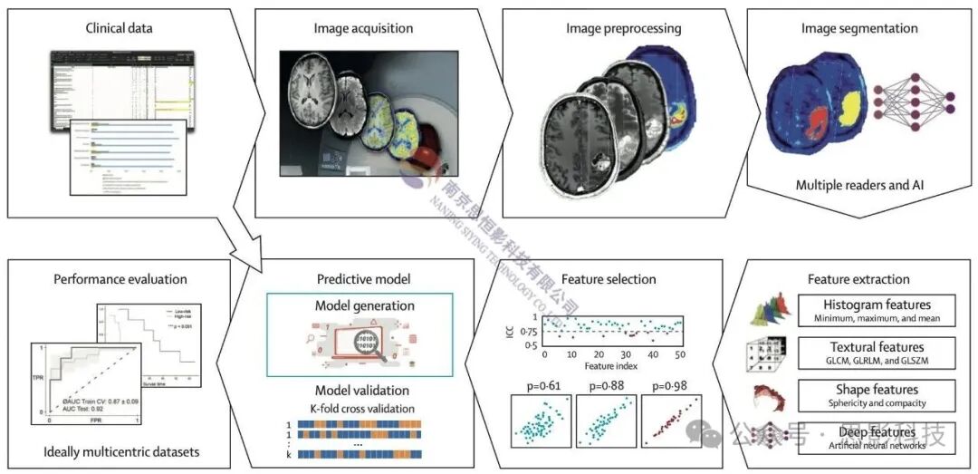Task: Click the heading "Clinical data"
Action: pos(119,28)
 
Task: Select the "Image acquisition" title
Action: pos(363,28)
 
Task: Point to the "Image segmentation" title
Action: pos(859,28)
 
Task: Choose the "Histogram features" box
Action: pos(877,310)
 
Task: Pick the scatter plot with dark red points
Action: pos(672,423)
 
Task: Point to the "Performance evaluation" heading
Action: pos(120,278)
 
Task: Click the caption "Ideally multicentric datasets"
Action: pos(120,451)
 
